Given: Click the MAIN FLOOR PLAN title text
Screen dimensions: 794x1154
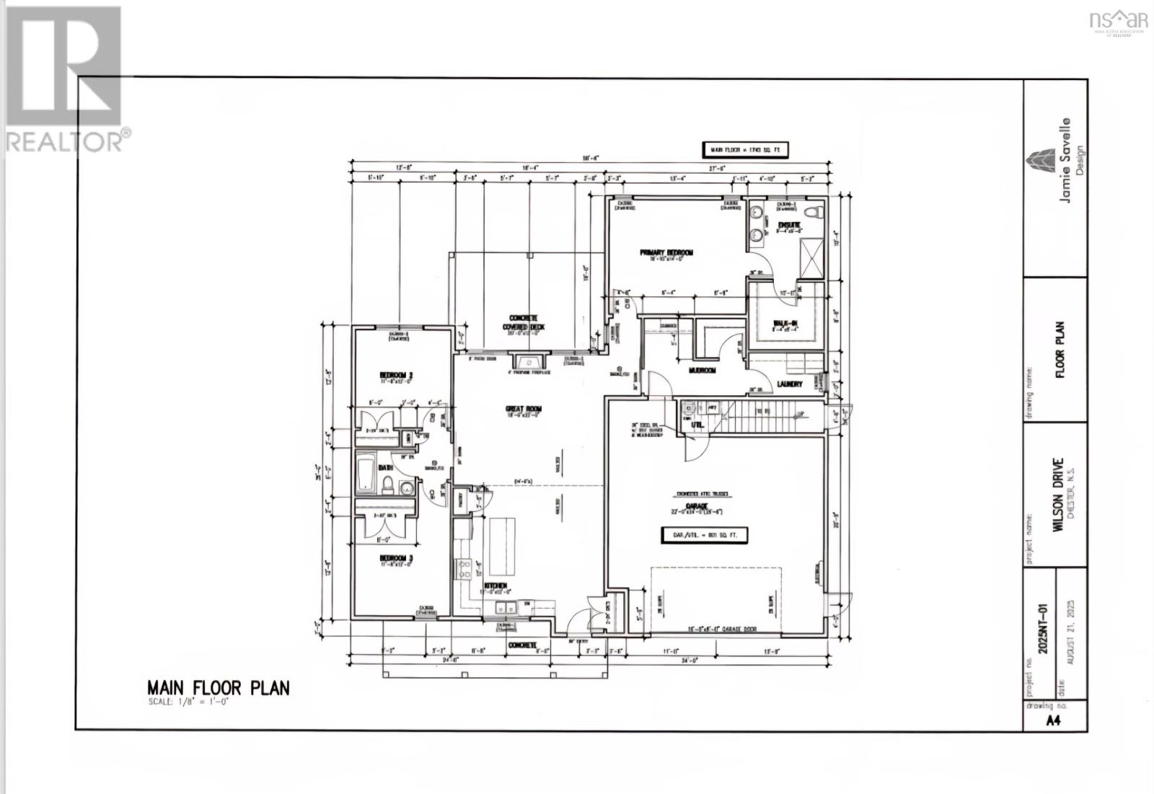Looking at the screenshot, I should (218, 687).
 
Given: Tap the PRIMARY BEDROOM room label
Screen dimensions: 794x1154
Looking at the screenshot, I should (666, 252).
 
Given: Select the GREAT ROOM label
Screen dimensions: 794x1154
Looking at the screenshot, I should (523, 409).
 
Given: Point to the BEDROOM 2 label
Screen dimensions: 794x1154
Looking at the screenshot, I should (395, 375).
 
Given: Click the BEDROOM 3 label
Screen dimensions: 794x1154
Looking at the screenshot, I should (395, 558).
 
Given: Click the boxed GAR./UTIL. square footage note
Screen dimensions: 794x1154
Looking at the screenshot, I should (705, 535).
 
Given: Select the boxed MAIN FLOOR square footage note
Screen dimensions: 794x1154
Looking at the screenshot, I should (746, 150).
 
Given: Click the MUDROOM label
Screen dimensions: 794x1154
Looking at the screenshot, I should (702, 370).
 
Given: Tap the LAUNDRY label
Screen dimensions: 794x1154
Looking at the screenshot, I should (789, 384).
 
